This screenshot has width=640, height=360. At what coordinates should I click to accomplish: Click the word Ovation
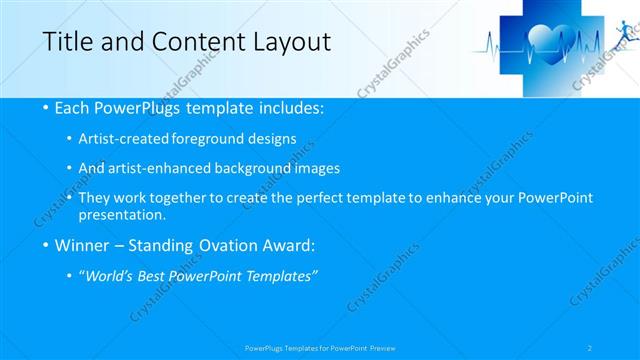tap(225, 244)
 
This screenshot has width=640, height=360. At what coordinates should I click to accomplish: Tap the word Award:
tap(287, 244)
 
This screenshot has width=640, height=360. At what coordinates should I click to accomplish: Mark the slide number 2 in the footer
tap(590, 348)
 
